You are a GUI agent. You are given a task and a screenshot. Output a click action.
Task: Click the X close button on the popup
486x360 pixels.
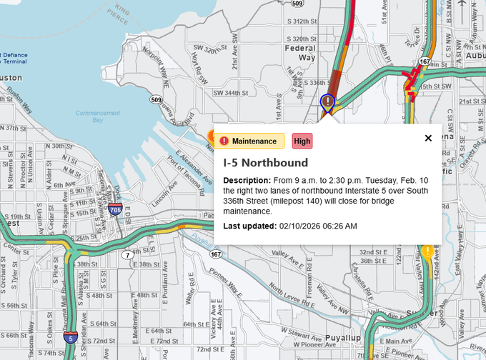pos(428,138)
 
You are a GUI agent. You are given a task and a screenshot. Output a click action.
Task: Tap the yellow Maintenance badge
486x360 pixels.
pos(249,141)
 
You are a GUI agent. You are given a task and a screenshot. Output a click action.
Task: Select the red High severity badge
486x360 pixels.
pos(302,141)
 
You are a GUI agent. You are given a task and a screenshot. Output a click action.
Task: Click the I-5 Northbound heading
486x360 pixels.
pos(265,163)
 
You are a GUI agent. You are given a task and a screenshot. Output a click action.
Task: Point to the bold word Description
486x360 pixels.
pos(247,181)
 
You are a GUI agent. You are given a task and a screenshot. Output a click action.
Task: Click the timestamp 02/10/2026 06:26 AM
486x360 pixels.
pos(317,226)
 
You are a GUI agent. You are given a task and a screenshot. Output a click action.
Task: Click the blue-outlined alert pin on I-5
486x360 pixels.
pos(327,102)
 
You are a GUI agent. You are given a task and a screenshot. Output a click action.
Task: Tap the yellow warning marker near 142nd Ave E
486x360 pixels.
pos(427,251)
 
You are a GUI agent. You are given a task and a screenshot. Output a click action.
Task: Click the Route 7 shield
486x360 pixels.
pos(126,254)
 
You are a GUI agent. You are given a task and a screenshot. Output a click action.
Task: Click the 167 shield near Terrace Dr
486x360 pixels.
pos(425,62)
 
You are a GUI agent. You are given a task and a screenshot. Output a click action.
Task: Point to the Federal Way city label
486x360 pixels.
pos(300,52)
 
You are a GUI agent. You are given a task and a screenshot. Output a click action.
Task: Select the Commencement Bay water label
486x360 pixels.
pos(99,117)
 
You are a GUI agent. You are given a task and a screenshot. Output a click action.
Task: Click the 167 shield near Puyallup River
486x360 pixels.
pos(215,254)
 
